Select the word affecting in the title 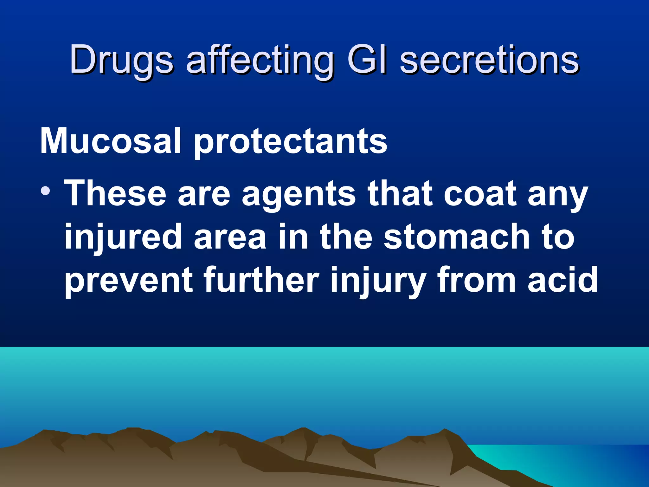point(260,60)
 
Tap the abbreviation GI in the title point(367,59)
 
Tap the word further point(261,279)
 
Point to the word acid point(562,279)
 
